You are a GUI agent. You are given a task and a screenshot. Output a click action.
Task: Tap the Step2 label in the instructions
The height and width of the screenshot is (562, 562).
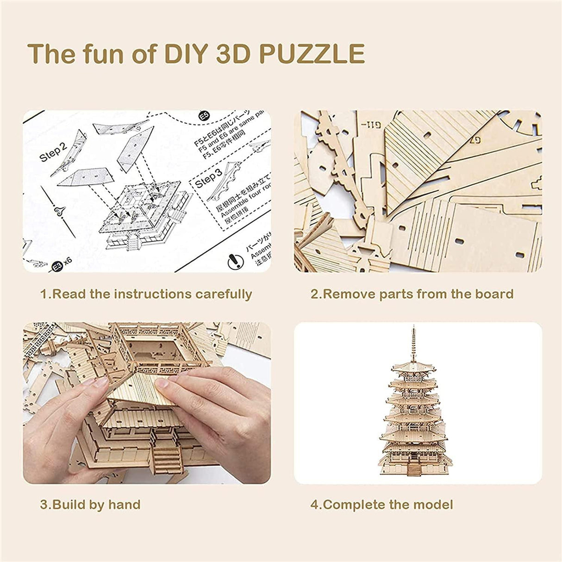[x=54, y=149]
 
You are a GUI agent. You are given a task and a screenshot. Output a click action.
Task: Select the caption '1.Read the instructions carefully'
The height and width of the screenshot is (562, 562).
[x=146, y=294]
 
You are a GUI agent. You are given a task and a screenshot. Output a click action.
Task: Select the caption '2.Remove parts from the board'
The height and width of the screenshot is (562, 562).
[x=412, y=294]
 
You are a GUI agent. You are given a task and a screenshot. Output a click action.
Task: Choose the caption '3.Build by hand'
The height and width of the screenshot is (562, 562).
[x=90, y=504]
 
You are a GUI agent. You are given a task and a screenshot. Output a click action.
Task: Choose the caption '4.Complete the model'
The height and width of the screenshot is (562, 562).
[x=381, y=504]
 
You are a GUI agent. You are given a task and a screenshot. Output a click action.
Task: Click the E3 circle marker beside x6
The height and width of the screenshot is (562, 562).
[x=57, y=266]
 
